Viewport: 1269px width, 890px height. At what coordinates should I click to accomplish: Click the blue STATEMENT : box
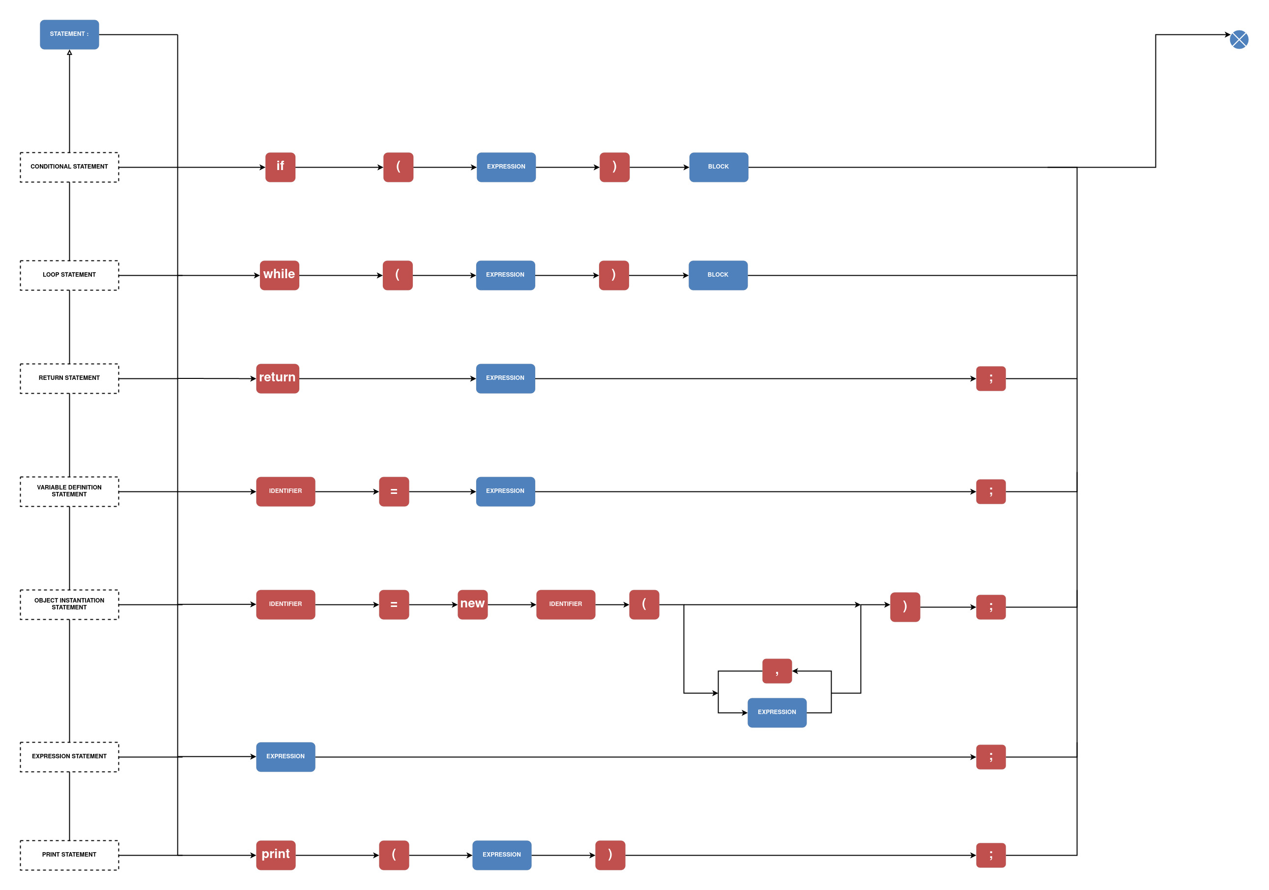click(69, 34)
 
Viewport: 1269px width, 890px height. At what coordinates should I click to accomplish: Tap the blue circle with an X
click(1239, 39)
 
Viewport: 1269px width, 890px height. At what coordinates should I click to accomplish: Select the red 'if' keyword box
click(280, 167)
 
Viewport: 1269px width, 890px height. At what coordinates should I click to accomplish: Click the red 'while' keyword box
click(279, 275)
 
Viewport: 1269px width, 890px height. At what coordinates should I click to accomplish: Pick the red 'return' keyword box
click(278, 378)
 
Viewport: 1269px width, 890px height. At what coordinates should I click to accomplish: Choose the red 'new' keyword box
click(472, 604)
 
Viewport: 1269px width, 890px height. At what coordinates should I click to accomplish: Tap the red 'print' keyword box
click(275, 855)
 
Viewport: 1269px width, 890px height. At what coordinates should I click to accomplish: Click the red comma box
click(777, 670)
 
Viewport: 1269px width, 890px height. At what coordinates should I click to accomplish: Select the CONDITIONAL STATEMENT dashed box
click(69, 167)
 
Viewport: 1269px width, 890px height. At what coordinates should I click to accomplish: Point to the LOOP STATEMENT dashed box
click(69, 275)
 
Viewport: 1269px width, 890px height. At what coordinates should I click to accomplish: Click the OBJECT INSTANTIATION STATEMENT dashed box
click(69, 604)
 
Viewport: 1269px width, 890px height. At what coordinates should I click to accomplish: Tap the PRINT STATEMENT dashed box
click(69, 855)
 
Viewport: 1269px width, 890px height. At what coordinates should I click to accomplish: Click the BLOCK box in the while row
click(718, 275)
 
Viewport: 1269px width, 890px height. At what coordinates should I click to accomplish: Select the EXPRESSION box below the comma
click(777, 712)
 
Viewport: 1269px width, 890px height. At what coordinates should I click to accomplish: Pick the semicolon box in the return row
click(990, 378)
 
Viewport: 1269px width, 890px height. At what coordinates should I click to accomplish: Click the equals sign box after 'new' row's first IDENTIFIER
click(394, 604)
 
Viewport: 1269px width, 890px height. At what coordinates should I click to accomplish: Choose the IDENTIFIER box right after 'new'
click(565, 604)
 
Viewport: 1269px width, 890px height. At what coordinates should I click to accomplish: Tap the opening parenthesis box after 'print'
click(394, 855)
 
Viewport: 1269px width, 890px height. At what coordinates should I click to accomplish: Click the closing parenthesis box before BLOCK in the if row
click(614, 167)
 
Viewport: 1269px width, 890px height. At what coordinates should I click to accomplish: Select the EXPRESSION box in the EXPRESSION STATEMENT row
click(285, 756)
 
